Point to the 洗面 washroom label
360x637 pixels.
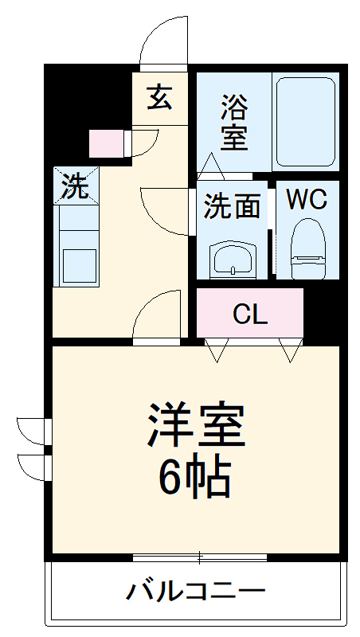[x=232, y=206]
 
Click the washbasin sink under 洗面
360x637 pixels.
[x=233, y=258]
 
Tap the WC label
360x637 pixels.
[x=307, y=200]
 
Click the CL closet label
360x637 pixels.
[x=250, y=315]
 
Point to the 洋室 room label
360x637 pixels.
[x=194, y=425]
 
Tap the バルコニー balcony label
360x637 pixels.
[x=196, y=592]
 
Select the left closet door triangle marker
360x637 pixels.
[x=216, y=349]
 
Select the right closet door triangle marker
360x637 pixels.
[x=290, y=349]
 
